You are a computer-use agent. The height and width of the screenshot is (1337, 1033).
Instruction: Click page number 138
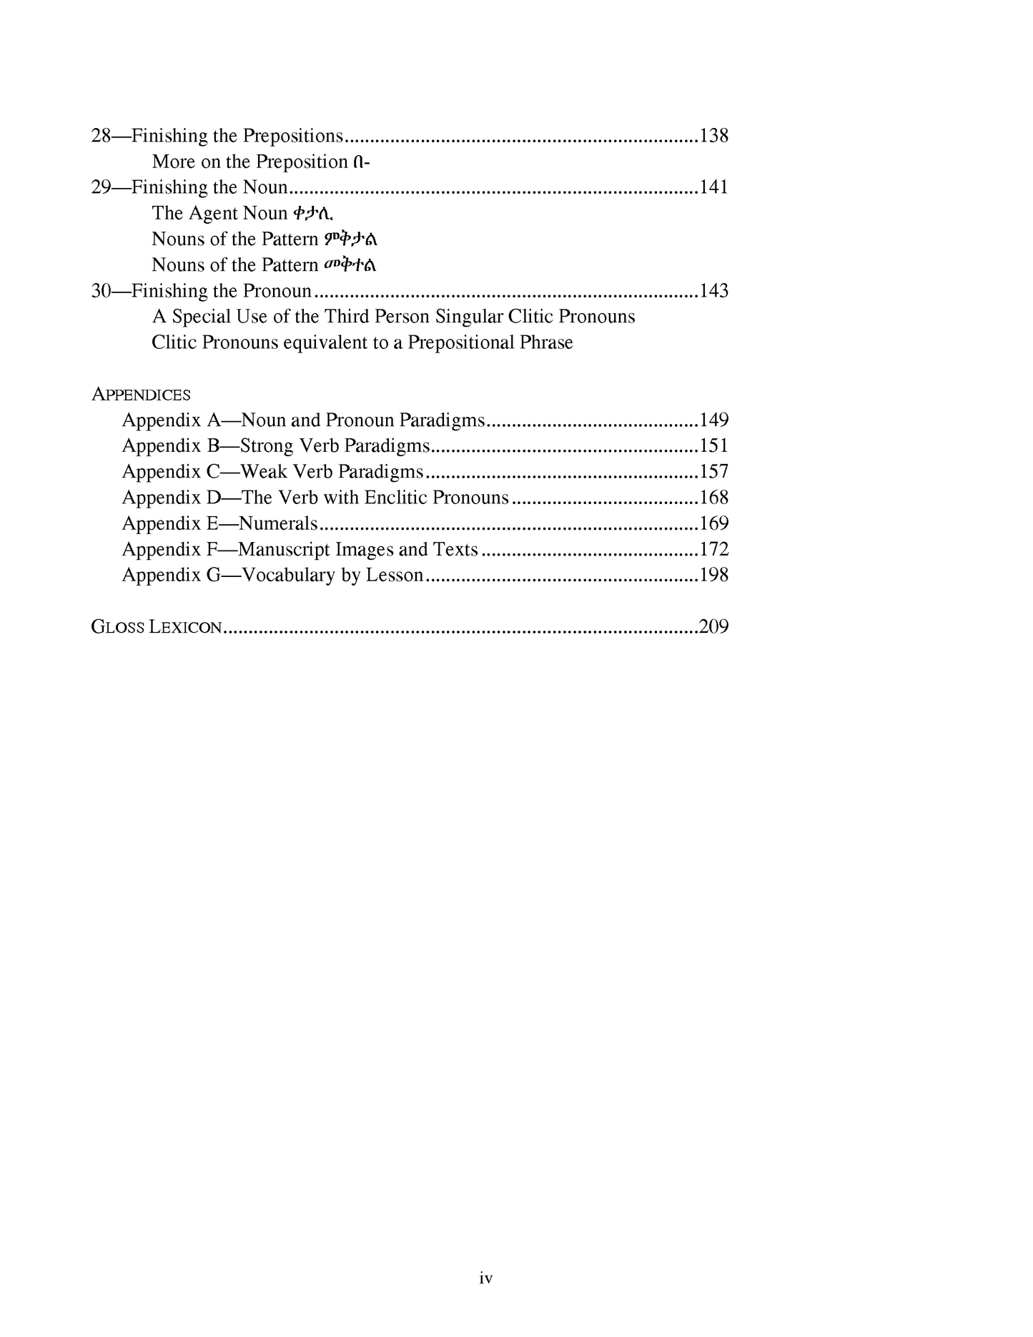713,136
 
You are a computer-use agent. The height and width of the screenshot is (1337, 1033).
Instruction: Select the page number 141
713,187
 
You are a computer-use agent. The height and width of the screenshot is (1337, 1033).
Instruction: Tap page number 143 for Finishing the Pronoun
713,291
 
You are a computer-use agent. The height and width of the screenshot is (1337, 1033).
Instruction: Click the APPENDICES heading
141,395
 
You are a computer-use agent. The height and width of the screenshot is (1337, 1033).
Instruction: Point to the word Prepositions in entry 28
293,136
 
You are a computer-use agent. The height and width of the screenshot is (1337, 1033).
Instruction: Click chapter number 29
101,187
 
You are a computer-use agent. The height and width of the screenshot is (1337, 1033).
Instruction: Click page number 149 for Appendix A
713,420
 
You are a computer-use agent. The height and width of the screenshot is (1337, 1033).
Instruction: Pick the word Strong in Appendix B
267,446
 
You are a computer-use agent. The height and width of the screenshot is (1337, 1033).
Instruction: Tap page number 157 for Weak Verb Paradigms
713,472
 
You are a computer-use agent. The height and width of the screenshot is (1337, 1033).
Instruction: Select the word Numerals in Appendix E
277,523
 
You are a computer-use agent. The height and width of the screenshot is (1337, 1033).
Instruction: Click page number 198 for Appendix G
713,576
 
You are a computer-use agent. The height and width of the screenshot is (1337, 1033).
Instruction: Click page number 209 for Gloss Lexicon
713,627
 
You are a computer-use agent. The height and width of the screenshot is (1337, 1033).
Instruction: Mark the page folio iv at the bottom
486,1278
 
